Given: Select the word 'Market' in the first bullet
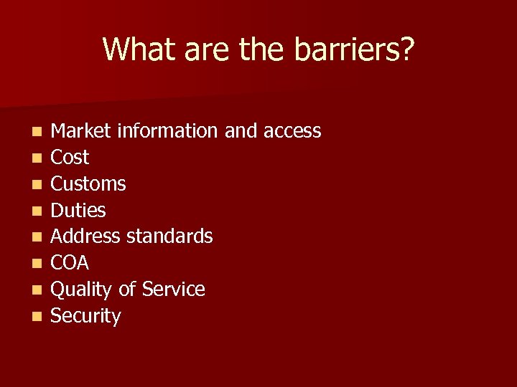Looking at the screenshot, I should (82, 131).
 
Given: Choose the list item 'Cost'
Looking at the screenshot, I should (70, 158).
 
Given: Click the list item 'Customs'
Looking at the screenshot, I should (88, 184).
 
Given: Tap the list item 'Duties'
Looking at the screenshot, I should (78, 211).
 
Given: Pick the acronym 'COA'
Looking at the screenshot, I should (70, 263).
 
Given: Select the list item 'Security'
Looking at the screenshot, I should (86, 316).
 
